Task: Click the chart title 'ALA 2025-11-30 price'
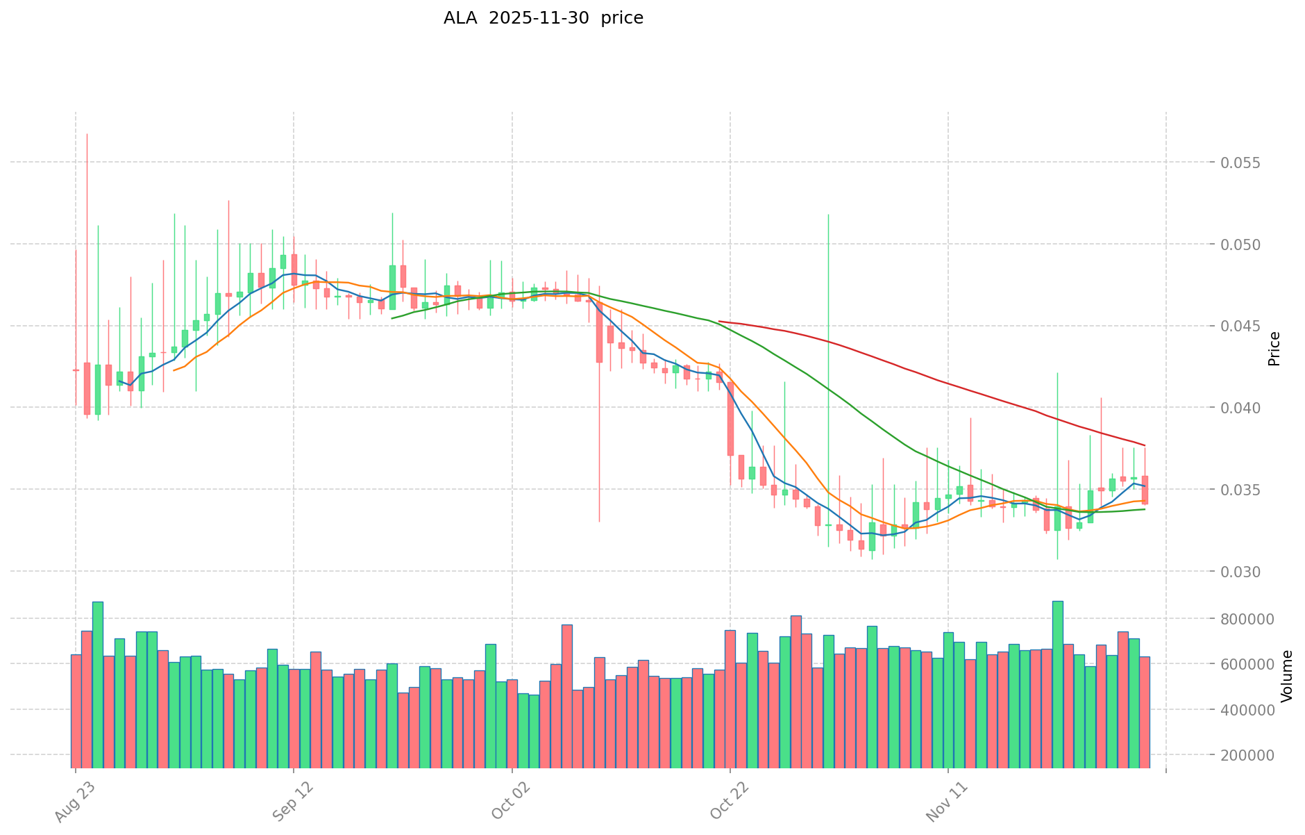click(543, 18)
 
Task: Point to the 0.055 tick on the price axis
click(1249, 163)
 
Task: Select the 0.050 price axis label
click(1249, 245)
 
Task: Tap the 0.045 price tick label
click(1249, 326)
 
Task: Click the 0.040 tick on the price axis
click(1249, 408)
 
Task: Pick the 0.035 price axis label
click(1249, 490)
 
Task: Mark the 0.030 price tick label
click(1249, 572)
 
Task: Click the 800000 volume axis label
click(1249, 619)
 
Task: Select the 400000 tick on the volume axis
click(1249, 710)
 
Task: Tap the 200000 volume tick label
click(1249, 755)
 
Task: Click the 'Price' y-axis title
click(1274, 349)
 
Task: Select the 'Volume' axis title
click(1286, 676)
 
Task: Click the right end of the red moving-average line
click(1145, 445)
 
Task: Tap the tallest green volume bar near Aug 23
click(98, 684)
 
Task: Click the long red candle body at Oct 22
click(730, 419)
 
